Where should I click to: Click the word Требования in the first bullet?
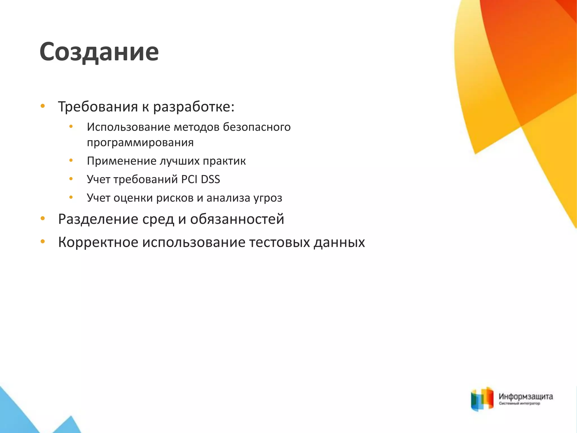(x=98, y=107)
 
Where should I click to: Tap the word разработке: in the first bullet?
(x=194, y=107)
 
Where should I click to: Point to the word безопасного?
(x=257, y=127)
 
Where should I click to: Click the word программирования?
(x=140, y=143)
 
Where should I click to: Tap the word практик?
(x=224, y=161)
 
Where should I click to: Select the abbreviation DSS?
(x=210, y=179)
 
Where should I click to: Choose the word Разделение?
(x=98, y=219)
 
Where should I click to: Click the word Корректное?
(x=98, y=242)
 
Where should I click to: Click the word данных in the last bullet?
(x=339, y=242)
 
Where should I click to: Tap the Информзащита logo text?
(x=526, y=397)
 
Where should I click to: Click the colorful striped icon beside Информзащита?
(x=482, y=399)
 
